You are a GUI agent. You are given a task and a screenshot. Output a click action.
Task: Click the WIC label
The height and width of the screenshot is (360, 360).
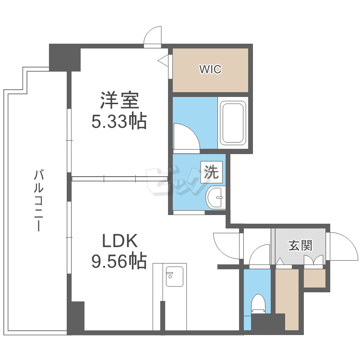(210, 69)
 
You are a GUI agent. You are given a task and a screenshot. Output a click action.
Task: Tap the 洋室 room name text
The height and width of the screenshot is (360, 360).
(120, 100)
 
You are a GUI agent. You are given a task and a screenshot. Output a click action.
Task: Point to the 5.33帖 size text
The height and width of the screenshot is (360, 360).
(119, 121)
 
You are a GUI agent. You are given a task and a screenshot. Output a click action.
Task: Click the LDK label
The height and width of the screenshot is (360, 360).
(120, 240)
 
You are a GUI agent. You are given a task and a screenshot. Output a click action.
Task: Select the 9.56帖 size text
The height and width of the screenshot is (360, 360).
(119, 261)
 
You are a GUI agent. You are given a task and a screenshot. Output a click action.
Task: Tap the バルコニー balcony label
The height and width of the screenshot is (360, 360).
(38, 200)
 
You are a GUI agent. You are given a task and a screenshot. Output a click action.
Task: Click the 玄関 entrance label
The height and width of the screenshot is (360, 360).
(300, 245)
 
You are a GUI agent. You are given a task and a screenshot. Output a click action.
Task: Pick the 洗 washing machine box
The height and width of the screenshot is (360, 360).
(212, 172)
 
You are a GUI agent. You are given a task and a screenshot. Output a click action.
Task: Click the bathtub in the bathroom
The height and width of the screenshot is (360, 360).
(233, 123)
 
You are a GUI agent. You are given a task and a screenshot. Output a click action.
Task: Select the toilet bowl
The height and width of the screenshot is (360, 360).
(258, 304)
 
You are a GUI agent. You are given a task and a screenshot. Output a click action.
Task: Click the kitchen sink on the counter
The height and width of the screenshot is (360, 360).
(175, 276)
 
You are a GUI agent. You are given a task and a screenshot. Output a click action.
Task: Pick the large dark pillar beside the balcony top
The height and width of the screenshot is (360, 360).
(65, 58)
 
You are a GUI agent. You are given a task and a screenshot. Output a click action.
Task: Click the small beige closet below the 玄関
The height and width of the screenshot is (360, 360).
(315, 278)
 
